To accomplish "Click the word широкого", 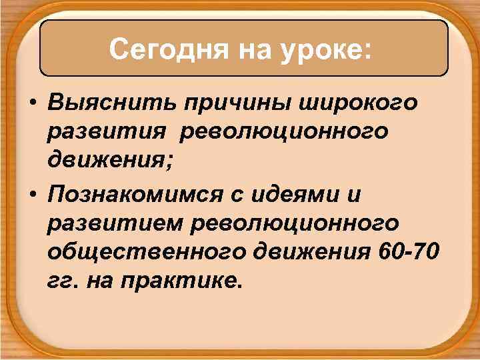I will pos(361,104).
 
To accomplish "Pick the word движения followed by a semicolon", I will pos(104,161).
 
